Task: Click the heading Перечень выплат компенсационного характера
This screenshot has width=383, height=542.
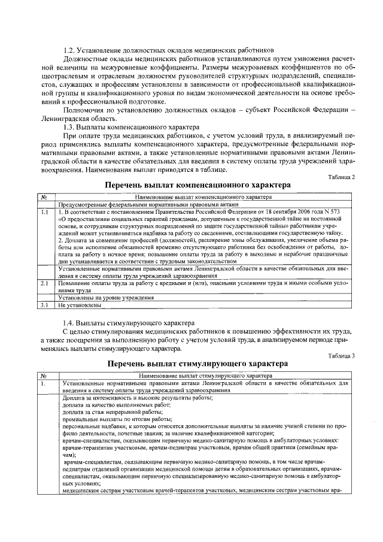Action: click(x=197, y=186)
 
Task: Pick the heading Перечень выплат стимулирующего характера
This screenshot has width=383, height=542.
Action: click(x=197, y=364)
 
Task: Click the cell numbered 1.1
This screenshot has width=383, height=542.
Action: click(x=45, y=212)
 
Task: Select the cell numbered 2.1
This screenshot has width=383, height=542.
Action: click(x=45, y=283)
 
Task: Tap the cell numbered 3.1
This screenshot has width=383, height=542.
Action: click(x=45, y=305)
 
